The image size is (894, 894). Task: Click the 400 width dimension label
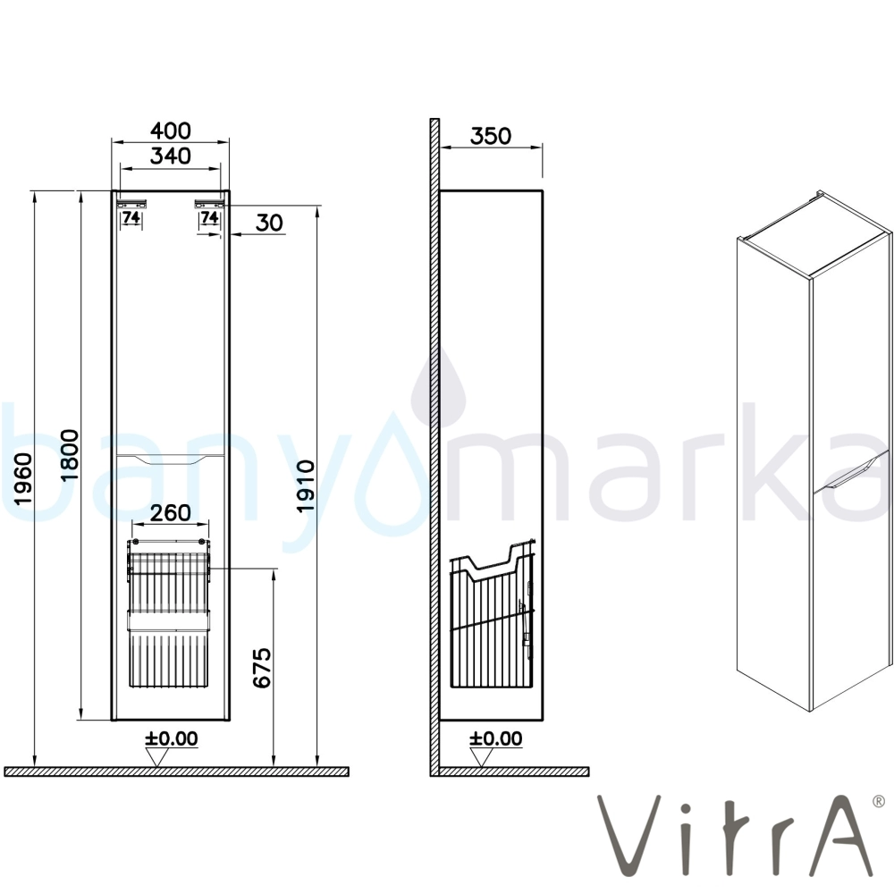171,131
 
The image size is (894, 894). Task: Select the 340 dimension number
171,156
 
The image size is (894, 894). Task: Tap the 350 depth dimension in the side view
490,136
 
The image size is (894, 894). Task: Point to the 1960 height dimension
23,479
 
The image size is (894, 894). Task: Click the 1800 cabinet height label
69,455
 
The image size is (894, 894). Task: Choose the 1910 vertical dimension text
306,486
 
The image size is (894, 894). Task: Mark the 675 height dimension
262,668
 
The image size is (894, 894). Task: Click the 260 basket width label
171,512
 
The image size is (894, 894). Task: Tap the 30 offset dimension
269,223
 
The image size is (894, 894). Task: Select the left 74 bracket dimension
131,217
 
